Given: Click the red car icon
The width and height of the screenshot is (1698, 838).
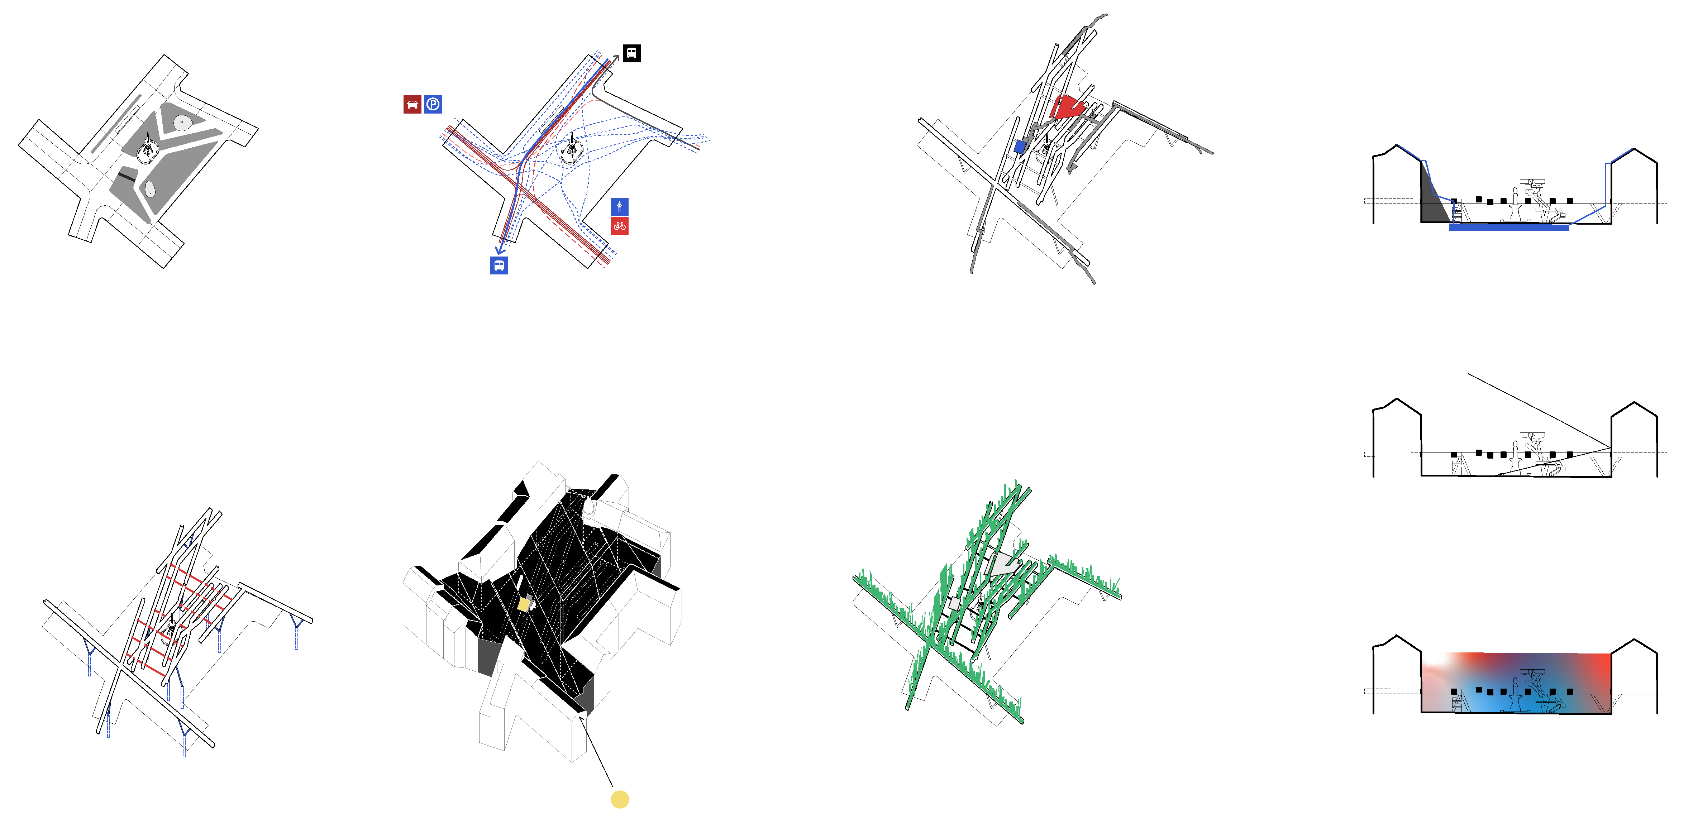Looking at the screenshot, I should pos(412,104).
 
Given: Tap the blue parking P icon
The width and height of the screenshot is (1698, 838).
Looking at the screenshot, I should pos(433,104).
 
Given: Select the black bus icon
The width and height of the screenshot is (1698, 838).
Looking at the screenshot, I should pos(631,53).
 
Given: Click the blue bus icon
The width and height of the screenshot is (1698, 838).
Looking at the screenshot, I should pos(499,265).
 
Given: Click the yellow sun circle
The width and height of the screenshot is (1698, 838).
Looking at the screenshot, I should pos(620,799).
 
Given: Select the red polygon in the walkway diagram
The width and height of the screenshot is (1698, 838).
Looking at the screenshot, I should pos(1067,107).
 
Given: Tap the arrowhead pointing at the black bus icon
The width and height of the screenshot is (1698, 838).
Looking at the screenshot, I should pos(616,58).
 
